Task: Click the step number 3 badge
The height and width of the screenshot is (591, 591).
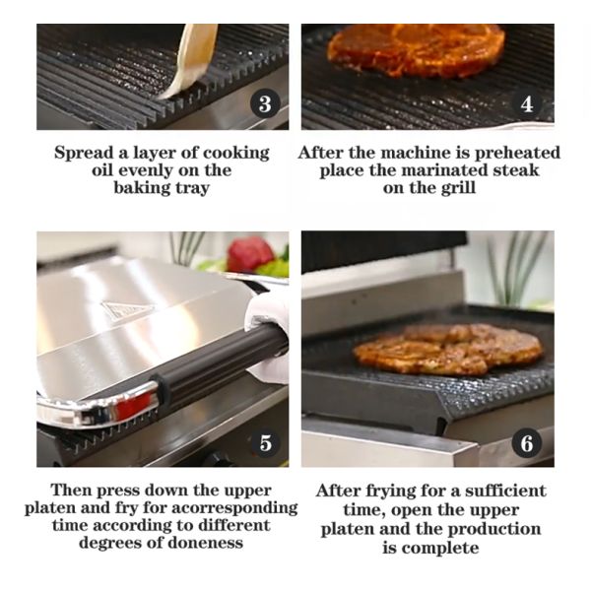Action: [x=265, y=103]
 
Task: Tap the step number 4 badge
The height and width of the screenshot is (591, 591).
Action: [x=527, y=103]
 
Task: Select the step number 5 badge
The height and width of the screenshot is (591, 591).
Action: [x=265, y=442]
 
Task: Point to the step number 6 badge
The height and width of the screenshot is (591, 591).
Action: [x=527, y=442]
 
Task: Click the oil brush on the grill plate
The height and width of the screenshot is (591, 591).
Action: [x=190, y=60]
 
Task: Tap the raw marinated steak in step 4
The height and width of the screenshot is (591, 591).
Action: [x=416, y=49]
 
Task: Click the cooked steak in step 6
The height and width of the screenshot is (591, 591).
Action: [x=448, y=349]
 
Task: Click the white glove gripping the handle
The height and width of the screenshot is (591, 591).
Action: [x=268, y=332]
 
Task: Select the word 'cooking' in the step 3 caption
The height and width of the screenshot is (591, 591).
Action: [x=236, y=154]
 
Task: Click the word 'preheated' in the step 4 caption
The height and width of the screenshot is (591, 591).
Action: [x=517, y=154]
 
